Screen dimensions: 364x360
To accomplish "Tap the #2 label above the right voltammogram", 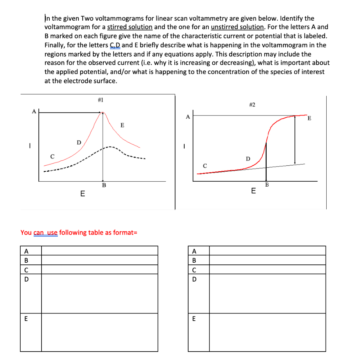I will point(252,105).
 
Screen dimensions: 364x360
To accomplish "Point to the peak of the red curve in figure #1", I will point(103,113).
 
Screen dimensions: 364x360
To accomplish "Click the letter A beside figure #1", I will point(34,111).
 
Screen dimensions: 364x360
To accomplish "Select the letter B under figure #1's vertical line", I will point(104,185).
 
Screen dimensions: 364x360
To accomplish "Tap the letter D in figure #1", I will point(78,143).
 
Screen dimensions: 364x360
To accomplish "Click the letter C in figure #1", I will point(52,156).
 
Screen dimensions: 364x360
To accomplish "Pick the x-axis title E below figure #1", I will point(82,194).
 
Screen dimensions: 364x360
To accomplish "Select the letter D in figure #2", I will point(248,158).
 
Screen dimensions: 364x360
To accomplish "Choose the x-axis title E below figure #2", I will point(253,191).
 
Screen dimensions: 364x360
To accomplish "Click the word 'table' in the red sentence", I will point(94,232).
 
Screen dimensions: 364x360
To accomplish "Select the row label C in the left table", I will point(26,269).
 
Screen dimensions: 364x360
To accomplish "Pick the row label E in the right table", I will point(193,319).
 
